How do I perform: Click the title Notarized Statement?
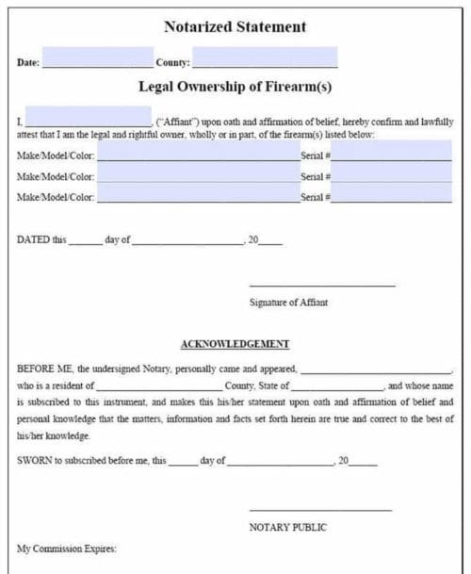click(x=235, y=26)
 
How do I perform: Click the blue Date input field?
click(x=97, y=58)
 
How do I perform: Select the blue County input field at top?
click(x=265, y=58)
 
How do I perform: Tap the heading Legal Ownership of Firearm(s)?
click(x=235, y=88)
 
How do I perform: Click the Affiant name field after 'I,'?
click(x=88, y=117)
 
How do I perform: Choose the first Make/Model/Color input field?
click(x=198, y=151)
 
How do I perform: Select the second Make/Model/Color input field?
click(x=198, y=173)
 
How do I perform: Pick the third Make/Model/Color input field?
click(x=198, y=194)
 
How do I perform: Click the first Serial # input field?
click(x=392, y=151)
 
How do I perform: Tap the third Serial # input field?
click(x=392, y=194)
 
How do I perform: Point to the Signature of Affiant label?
click(x=288, y=303)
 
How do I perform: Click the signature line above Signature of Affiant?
click(x=322, y=285)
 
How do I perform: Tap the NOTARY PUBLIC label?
click(x=288, y=527)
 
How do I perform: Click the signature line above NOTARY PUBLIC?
click(x=320, y=510)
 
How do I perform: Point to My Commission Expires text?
click(x=66, y=548)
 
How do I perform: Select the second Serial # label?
click(x=315, y=176)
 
